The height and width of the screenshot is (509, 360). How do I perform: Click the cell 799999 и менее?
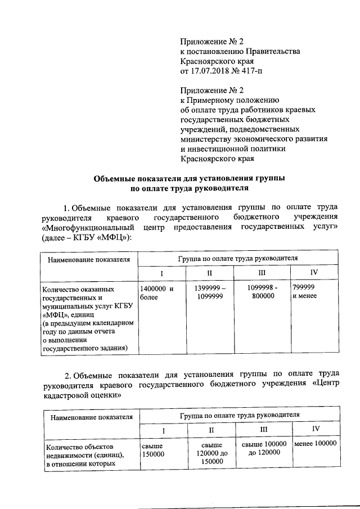pos(306,292)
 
